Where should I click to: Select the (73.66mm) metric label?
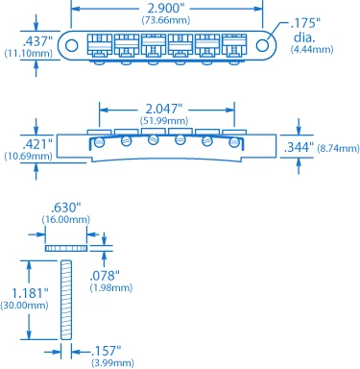pyautogui.click(x=166, y=19)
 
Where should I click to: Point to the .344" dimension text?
pyautogui.click(x=300, y=148)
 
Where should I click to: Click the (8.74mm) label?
pyautogui.click(x=338, y=149)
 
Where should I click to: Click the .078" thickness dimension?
pyautogui.click(x=105, y=275)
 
